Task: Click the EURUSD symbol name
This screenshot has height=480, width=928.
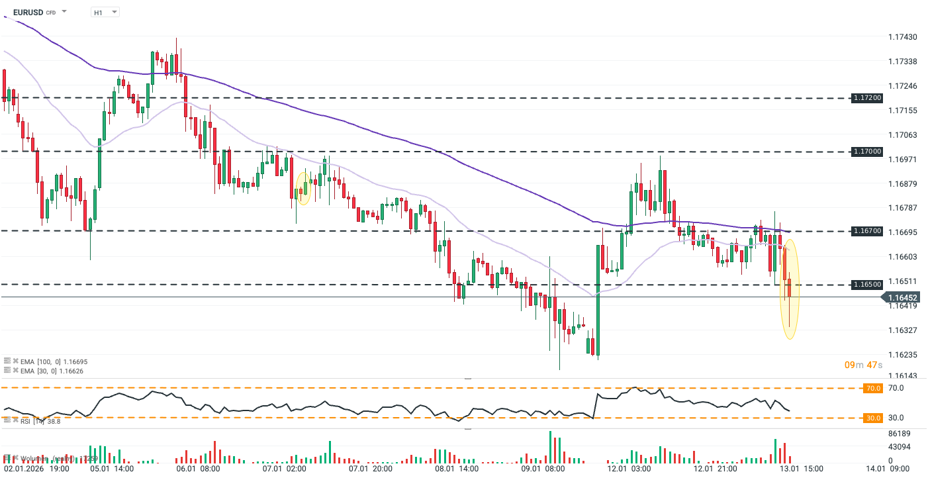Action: [28, 12]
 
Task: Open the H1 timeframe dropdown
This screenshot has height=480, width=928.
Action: [105, 12]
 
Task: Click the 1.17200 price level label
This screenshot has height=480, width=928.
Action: [866, 97]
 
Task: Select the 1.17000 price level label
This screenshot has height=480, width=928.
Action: [866, 152]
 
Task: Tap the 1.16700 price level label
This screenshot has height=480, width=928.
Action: [866, 231]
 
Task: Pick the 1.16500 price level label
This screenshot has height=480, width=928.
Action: [866, 285]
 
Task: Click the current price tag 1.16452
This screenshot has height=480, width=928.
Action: [902, 297]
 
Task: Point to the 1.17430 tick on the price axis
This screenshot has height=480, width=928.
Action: [902, 37]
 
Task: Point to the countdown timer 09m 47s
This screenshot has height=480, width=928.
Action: [864, 365]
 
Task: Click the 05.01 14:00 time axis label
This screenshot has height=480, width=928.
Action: [113, 468]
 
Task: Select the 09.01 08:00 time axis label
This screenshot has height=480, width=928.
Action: [543, 468]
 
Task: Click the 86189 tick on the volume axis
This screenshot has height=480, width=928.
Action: [899, 433]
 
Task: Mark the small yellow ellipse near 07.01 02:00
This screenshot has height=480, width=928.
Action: [304, 187]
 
